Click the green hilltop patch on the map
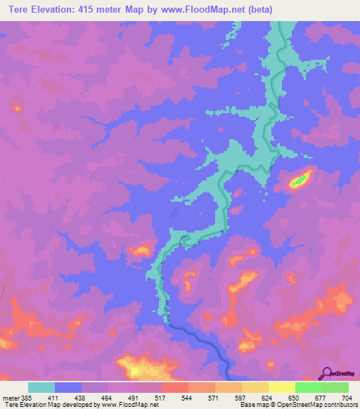click(x=300, y=180)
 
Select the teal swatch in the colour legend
click(x=41, y=387)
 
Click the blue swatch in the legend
click(x=68, y=387)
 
